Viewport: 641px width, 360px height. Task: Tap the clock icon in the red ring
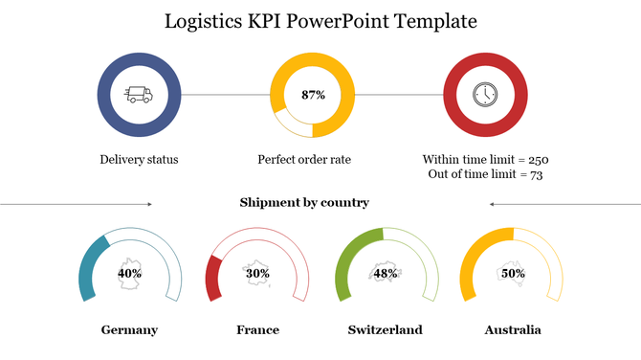(x=485, y=95)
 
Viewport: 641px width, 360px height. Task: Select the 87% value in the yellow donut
(x=313, y=95)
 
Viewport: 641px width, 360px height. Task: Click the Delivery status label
(x=139, y=159)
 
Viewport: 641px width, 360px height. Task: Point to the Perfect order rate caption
(x=304, y=159)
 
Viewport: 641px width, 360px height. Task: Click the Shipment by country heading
(x=304, y=203)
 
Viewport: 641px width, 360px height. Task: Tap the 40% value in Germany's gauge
(x=130, y=273)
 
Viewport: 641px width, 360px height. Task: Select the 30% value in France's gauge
(x=257, y=273)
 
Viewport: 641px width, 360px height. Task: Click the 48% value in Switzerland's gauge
(x=386, y=273)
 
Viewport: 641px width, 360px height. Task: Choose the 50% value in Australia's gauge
(x=513, y=273)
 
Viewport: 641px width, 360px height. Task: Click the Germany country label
(x=129, y=330)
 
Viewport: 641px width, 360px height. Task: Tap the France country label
(x=257, y=330)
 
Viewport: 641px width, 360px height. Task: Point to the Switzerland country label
(x=385, y=330)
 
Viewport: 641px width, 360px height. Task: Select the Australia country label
(x=513, y=330)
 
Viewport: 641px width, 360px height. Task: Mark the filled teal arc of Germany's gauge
(x=87, y=269)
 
